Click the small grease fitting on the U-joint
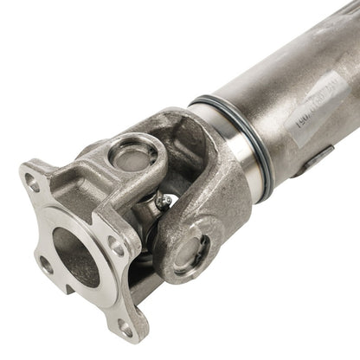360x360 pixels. click(157, 205)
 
